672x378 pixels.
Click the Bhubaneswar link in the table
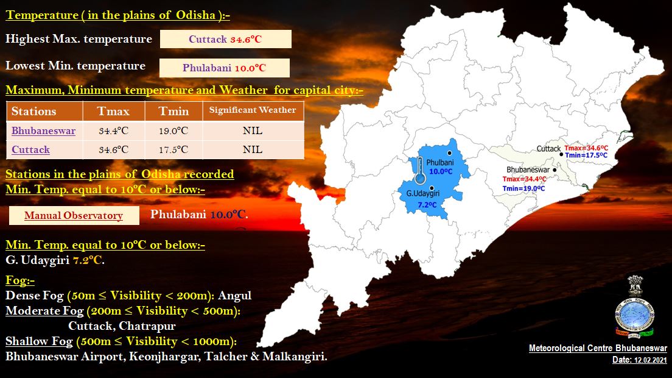[x=43, y=131]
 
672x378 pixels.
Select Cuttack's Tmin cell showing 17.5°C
[x=173, y=150]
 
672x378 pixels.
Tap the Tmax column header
[x=114, y=111]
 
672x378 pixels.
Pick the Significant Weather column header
[x=253, y=110]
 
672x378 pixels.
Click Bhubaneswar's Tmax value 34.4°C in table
[x=114, y=131]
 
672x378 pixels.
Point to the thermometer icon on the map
[x=420, y=170]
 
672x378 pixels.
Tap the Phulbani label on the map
[x=439, y=163]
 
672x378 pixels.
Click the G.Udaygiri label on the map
[x=423, y=193]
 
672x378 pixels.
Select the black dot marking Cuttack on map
[x=561, y=154]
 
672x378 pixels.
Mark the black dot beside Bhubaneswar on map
[x=555, y=170]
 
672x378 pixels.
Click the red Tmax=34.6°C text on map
[x=586, y=148]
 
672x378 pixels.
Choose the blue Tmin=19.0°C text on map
[x=523, y=188]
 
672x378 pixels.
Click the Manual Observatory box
[x=74, y=215]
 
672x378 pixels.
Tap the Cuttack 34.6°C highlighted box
[x=225, y=39]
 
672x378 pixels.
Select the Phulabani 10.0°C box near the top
[x=225, y=68]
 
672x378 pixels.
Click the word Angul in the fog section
[x=235, y=296]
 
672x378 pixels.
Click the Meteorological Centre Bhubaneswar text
[x=598, y=348]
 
